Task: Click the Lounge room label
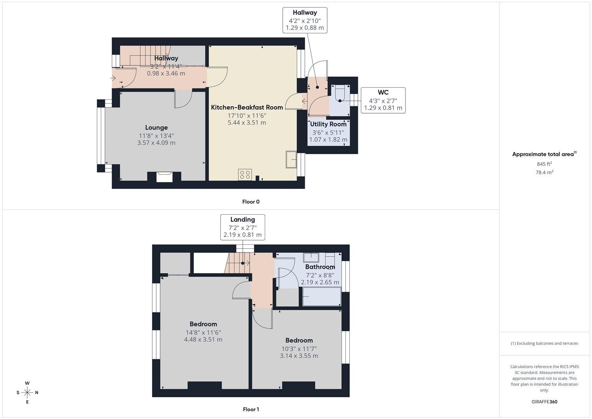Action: click(156, 128)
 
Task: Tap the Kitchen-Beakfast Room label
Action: click(247, 107)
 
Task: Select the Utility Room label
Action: click(328, 124)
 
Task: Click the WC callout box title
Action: click(383, 92)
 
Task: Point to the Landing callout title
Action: click(242, 220)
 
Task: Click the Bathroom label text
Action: click(320, 267)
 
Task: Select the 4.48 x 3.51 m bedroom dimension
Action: click(203, 339)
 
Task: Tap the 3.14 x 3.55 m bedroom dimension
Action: click(299, 356)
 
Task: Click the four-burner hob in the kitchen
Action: click(245, 175)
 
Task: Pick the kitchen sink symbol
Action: click(291, 159)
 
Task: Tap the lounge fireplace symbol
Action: click(164, 177)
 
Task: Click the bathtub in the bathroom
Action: click(321, 297)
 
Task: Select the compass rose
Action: click(27, 392)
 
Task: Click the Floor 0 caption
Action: click(251, 202)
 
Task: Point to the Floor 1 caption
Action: click(251, 409)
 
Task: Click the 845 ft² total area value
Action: click(544, 164)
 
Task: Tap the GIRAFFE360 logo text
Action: click(544, 402)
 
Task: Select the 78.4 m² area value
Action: click(544, 173)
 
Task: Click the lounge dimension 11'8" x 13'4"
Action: click(156, 136)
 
